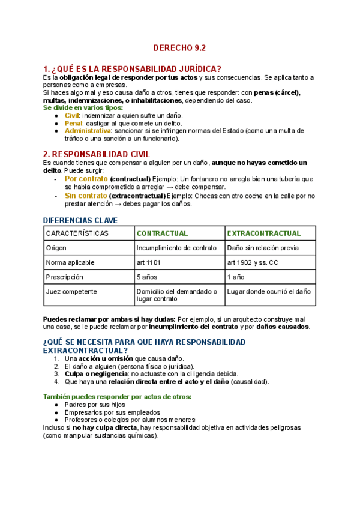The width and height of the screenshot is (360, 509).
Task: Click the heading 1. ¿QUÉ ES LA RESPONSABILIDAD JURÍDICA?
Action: click(133, 68)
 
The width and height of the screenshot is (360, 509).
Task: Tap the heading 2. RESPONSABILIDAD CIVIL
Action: click(97, 154)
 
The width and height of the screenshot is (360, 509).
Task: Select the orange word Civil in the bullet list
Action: click(71, 115)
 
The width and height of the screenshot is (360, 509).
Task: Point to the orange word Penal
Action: click(73, 123)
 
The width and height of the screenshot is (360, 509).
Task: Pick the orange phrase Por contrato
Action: click(85, 179)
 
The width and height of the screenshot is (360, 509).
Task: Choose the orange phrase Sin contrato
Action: click(85, 196)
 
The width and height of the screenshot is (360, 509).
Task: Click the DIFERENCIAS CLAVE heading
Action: click(80, 220)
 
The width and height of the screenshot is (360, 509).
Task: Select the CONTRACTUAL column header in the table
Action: click(162, 233)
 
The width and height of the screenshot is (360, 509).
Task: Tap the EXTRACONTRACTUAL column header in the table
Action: click(263, 233)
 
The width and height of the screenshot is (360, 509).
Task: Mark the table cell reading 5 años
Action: click(148, 277)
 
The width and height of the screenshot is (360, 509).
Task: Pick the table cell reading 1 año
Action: click(236, 277)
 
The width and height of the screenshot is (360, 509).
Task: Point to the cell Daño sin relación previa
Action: click(263, 248)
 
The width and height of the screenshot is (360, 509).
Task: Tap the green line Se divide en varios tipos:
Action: click(83, 108)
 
